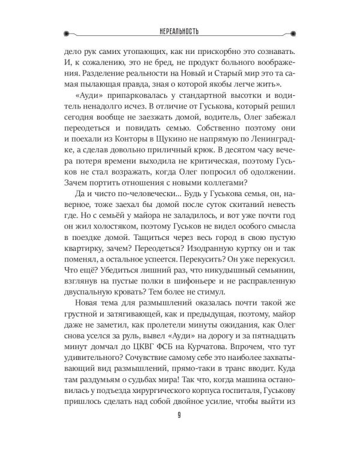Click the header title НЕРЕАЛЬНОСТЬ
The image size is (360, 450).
point(179,30)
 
